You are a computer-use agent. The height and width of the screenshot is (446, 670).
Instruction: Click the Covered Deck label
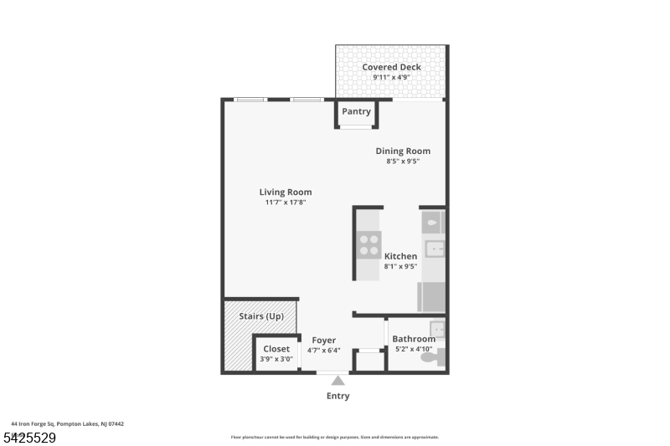391,67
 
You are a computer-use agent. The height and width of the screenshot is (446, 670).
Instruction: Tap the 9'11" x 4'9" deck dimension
391,78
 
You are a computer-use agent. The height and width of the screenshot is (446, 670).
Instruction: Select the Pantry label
356,111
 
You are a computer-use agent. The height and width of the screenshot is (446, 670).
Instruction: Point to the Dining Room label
403,151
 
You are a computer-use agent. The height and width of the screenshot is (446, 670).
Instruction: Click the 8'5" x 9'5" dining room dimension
403,161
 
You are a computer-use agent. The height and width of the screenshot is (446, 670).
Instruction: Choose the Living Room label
286,192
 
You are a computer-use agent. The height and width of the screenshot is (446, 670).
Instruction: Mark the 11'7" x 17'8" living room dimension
286,202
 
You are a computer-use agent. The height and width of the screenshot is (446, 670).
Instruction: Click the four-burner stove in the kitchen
369,244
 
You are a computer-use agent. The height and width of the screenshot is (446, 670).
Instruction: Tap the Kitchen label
400,256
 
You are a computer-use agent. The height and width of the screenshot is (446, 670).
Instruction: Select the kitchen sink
433,249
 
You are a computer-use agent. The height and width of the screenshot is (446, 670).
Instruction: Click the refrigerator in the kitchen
431,297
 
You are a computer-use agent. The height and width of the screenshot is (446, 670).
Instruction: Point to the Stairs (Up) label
261,316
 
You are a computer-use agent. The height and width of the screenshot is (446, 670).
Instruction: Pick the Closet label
276,349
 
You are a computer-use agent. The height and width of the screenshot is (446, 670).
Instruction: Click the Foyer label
323,341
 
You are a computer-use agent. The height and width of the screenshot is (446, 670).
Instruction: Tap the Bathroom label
414,339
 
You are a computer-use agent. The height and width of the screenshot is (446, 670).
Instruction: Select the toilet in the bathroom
431,357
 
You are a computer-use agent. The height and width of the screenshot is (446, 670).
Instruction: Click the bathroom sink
437,327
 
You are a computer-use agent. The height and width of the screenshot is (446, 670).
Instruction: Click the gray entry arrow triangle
338,381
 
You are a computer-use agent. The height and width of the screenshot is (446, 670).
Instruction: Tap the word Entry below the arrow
338,396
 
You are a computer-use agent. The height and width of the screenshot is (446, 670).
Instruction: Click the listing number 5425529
29,437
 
